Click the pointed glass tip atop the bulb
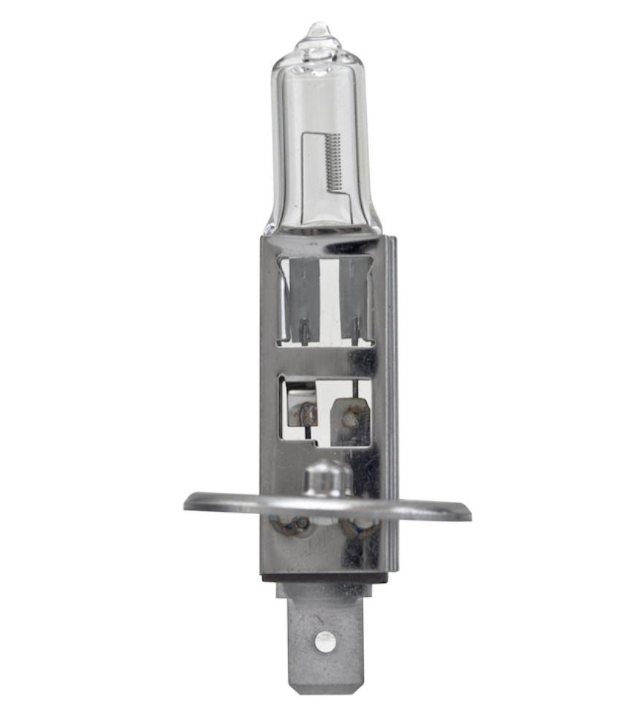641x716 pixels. pyautogui.click(x=319, y=31)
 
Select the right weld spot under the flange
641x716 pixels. pyautogui.click(x=363, y=524)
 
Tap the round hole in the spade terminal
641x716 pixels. pyautogui.click(x=325, y=641)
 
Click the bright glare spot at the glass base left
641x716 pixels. pyautogui.click(x=272, y=227)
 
